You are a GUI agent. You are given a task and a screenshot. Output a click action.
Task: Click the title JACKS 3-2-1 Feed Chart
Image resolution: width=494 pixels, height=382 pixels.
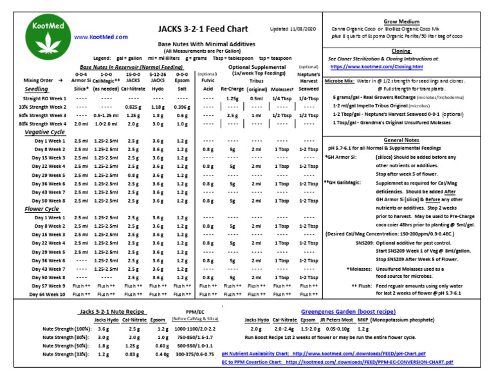[200, 30]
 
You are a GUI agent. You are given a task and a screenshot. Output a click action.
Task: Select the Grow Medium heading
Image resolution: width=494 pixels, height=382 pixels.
[401, 21]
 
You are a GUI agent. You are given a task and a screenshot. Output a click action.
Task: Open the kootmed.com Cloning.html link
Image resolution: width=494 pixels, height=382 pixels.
[376, 66]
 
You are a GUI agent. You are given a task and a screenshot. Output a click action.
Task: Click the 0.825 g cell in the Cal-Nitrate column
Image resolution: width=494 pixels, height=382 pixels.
[133, 107]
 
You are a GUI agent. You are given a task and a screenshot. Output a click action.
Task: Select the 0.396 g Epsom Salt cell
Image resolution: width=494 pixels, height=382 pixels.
[182, 107]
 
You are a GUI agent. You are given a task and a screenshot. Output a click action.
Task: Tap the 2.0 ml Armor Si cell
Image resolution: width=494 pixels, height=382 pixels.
[81, 123]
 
